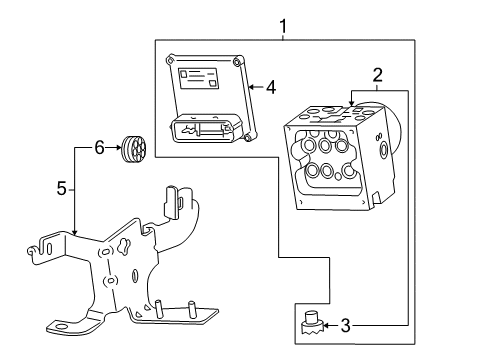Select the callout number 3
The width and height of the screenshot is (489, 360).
(x=372, y=324)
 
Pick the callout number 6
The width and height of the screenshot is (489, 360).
(x=98, y=148)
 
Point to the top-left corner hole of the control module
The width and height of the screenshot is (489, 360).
(x=172, y=59)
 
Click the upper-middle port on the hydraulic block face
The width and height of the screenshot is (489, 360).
(x=326, y=146)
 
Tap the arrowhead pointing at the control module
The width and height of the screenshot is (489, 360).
(x=250, y=87)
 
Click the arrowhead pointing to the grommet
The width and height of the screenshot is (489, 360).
(x=117, y=148)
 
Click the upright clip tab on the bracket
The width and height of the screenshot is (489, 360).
(x=172, y=201)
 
